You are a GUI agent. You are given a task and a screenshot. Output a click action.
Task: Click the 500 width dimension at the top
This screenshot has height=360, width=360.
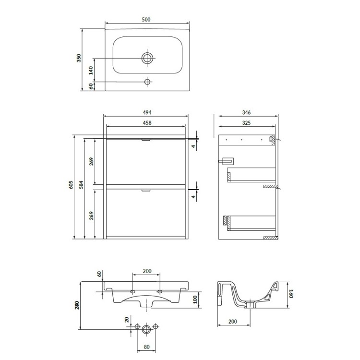tap(147, 19)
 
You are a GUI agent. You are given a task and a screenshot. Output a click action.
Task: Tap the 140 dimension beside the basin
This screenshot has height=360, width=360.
tap(90, 70)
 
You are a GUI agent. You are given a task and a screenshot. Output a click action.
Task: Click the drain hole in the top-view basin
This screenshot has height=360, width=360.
tap(147, 58)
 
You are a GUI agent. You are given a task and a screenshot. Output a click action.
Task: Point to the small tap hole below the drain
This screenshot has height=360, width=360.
tap(147, 82)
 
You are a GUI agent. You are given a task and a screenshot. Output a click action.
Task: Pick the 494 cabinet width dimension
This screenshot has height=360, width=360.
tap(147, 112)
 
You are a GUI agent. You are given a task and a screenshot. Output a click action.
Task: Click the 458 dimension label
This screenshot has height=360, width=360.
tap(147, 123)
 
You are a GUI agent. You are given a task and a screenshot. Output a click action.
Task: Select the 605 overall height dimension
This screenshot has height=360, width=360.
tap(70, 187)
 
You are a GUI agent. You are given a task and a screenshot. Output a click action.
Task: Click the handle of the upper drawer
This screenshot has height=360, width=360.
tap(146, 139)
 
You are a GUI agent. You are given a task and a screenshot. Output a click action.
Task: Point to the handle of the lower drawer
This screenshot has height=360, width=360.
tap(146, 191)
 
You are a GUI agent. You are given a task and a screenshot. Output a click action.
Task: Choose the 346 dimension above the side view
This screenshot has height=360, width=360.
tap(247, 112)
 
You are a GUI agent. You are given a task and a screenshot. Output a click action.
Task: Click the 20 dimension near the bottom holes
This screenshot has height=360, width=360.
tap(127, 320)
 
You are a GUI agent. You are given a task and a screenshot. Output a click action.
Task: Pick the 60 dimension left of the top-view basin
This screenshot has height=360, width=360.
tap(90, 86)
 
